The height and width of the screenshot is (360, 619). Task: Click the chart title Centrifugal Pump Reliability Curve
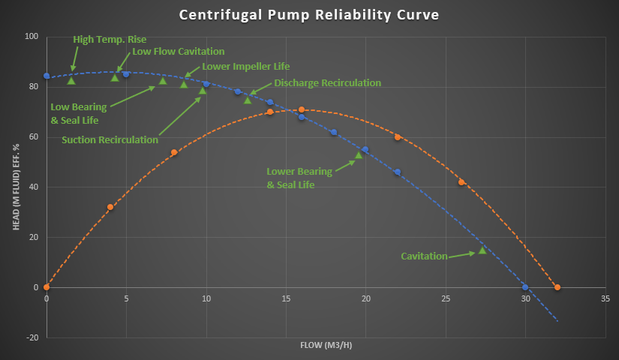tap(309, 16)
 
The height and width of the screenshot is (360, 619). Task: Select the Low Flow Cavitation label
tap(178, 52)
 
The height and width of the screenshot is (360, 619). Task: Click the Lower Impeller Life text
tap(245, 66)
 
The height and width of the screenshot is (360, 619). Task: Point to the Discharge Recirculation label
tap(327, 82)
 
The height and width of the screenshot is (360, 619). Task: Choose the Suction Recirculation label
tap(110, 139)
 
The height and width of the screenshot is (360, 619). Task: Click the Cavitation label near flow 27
tap(423, 256)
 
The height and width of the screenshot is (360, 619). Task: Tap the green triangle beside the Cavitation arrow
tap(482, 250)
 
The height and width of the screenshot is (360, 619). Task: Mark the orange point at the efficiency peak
tap(302, 110)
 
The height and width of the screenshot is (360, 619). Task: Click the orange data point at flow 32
tap(557, 287)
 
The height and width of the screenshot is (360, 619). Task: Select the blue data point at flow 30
tap(525, 287)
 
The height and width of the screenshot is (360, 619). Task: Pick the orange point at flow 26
tap(461, 182)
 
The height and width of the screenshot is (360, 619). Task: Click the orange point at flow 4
tap(110, 207)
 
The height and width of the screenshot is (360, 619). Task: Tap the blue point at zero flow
tap(47, 76)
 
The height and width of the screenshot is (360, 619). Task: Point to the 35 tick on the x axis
tap(605, 298)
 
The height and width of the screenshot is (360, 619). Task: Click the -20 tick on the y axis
tap(33, 337)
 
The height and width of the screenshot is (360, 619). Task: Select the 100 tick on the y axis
tap(32, 37)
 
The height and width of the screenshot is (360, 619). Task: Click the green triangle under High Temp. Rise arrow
tap(71, 80)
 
